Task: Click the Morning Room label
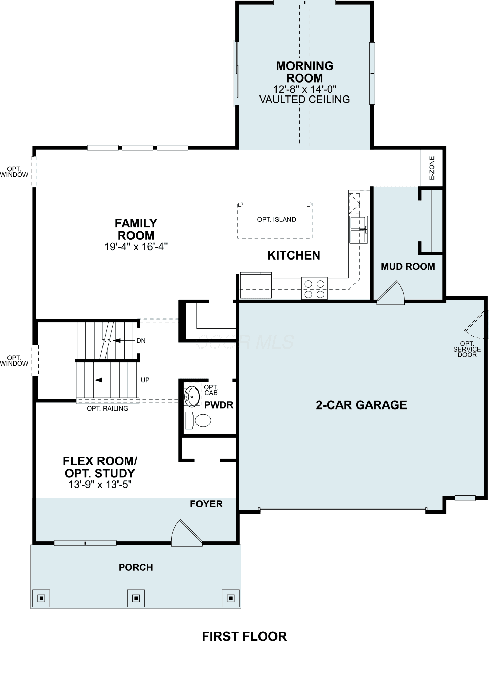(x=305, y=72)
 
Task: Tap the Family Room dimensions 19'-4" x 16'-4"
(x=136, y=247)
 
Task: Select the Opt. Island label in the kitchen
(x=277, y=220)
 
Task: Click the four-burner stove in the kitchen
(x=314, y=288)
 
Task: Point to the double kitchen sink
(x=359, y=229)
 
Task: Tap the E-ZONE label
(x=432, y=168)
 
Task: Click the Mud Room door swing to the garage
(x=391, y=293)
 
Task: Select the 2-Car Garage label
(x=361, y=405)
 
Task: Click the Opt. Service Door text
(x=467, y=349)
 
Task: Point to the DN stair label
(x=141, y=341)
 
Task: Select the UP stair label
(x=145, y=380)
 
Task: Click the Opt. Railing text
(x=108, y=409)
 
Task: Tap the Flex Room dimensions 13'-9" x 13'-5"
(x=100, y=485)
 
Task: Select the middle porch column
(x=136, y=598)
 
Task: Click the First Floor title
(x=245, y=637)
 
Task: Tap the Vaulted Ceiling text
(x=305, y=99)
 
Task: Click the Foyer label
(x=206, y=504)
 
